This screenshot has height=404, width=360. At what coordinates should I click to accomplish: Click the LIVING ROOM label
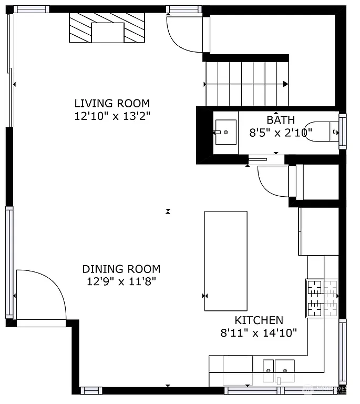112,103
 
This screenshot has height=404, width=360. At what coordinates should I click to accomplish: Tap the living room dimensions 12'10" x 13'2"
112,116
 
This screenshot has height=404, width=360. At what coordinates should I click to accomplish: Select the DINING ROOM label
121,269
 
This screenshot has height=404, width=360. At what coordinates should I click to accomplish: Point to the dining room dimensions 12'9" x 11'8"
121,281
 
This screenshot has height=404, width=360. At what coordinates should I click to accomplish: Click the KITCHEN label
259,320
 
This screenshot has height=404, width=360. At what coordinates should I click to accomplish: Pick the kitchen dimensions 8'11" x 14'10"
259,332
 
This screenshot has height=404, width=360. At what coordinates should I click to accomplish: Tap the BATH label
281,120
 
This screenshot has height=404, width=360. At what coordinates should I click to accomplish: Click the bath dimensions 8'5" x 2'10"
281,133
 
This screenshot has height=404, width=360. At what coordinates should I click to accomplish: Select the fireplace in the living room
108,28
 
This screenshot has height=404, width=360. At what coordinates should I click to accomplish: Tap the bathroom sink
225,130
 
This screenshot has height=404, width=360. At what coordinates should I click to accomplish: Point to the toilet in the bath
322,131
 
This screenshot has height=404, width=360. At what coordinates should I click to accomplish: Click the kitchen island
225,261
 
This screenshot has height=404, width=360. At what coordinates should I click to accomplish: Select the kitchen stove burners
322,298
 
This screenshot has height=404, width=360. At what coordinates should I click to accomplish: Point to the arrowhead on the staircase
285,84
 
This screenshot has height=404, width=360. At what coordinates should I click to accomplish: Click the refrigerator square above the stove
318,231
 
